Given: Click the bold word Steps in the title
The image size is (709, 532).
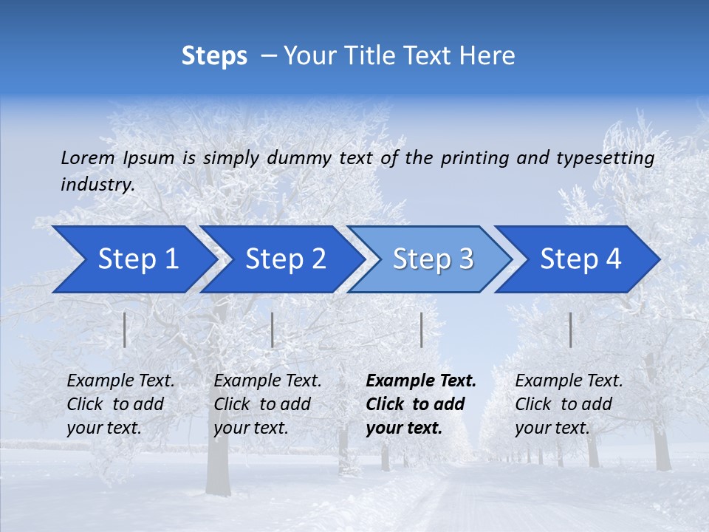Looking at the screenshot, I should tap(214, 56).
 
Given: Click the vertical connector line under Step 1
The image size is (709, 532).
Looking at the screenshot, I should tap(125, 330).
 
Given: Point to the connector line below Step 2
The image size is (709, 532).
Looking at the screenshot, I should tap(273, 330).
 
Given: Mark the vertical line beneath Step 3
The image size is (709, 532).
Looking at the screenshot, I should tap(422, 330).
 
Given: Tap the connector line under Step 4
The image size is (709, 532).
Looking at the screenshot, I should tap(571, 330).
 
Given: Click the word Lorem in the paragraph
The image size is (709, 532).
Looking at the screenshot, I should tap(88, 158).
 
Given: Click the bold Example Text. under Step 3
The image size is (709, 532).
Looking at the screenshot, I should tap(421, 381).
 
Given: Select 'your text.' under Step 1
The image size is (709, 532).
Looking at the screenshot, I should tap(103, 428).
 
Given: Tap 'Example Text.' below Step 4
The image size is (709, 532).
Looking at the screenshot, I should tap(569, 381).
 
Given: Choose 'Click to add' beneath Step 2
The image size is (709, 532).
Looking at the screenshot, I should tap(262, 405).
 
